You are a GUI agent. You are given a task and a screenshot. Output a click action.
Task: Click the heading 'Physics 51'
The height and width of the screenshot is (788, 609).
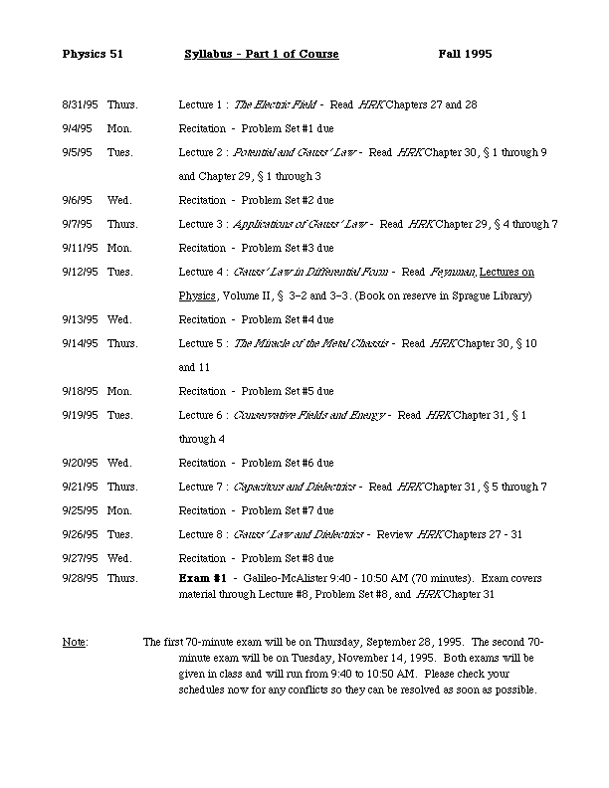pyautogui.click(x=93, y=54)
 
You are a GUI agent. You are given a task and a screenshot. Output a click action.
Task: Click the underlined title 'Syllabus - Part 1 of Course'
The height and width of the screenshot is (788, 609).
pyautogui.click(x=262, y=54)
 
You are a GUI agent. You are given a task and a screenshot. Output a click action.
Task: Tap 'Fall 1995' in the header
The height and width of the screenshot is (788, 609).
pyautogui.click(x=465, y=54)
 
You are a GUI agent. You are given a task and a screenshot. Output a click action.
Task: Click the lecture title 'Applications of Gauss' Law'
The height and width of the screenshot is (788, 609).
pyautogui.click(x=302, y=224)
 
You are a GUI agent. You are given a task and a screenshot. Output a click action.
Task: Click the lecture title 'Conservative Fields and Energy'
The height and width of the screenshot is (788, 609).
pyautogui.click(x=309, y=415)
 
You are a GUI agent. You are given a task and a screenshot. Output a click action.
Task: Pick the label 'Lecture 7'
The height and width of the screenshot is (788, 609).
pyautogui.click(x=201, y=487)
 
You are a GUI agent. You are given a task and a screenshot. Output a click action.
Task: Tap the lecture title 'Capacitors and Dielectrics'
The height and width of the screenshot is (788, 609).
pyautogui.click(x=295, y=487)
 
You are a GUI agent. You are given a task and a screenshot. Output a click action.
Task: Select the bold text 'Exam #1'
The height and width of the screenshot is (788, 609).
pyautogui.click(x=203, y=577)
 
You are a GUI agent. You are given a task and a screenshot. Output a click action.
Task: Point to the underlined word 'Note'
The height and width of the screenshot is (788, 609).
pyautogui.click(x=75, y=642)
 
